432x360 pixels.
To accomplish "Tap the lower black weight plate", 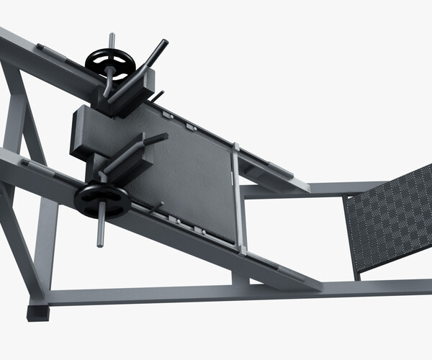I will (x=102, y=198).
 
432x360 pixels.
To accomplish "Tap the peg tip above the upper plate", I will (x=112, y=37).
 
